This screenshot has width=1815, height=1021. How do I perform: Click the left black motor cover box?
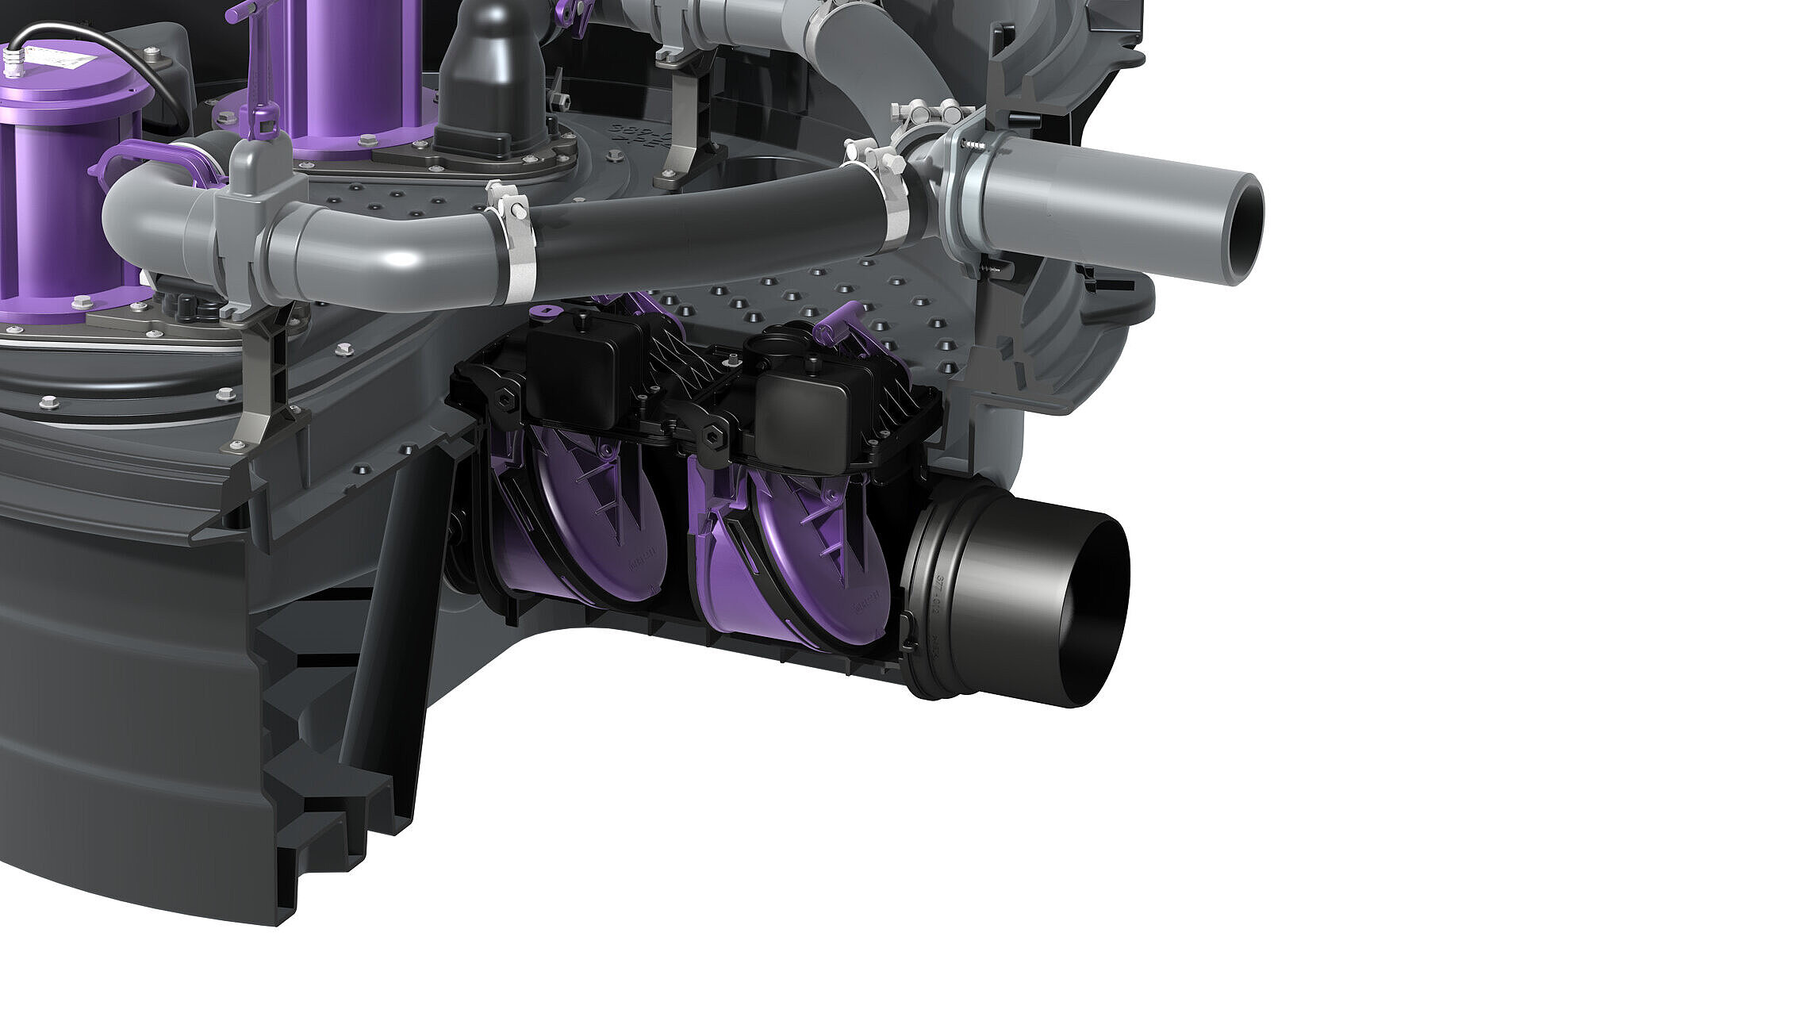click(579, 373)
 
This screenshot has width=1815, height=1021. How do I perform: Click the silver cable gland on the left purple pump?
click(10, 59)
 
